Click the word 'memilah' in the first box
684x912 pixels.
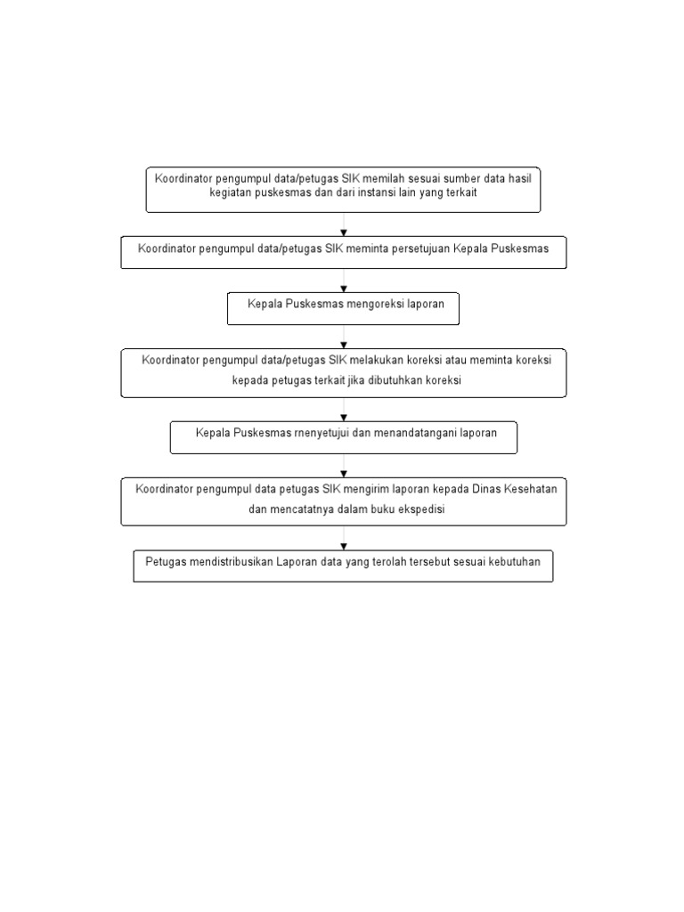click(x=383, y=178)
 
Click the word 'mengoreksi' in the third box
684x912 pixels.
click(x=375, y=305)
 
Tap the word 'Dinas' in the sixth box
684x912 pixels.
click(x=486, y=489)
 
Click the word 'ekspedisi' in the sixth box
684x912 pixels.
click(x=421, y=509)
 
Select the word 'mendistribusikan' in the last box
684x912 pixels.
click(x=231, y=562)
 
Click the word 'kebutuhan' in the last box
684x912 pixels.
click(x=515, y=562)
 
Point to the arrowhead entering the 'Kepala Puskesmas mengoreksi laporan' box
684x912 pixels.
click(x=344, y=289)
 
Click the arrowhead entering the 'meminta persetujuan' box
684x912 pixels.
click(x=344, y=232)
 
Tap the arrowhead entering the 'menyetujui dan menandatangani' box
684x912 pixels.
click(x=344, y=418)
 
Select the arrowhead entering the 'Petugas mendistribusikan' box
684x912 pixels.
click(x=344, y=547)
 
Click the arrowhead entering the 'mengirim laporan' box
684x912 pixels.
click(x=344, y=474)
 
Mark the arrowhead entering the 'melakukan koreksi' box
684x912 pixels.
click(x=344, y=346)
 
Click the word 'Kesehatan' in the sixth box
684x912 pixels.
click(x=531, y=489)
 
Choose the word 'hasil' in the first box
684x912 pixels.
click(x=520, y=178)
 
